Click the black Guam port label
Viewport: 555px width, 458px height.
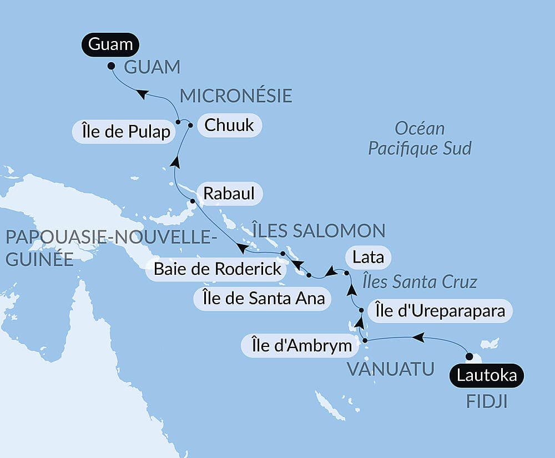110,44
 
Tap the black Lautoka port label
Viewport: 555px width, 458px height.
486,375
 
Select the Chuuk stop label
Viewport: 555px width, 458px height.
229,125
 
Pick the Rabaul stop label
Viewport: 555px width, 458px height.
229,194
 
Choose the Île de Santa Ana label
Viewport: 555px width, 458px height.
259,299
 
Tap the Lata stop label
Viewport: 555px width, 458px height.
368,258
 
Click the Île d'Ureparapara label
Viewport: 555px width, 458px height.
440,311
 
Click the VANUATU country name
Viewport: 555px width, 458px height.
390,369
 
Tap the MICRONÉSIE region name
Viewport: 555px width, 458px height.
236,95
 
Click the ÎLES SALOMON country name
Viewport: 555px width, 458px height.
319,230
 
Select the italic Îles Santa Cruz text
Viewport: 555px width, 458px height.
420,281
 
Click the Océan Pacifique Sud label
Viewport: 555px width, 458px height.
420,138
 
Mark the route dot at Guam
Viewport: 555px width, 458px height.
111,66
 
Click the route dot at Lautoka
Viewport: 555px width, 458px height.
469,356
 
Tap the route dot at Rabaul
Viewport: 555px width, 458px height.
193,201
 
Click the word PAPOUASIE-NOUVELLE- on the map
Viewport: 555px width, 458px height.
110,237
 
